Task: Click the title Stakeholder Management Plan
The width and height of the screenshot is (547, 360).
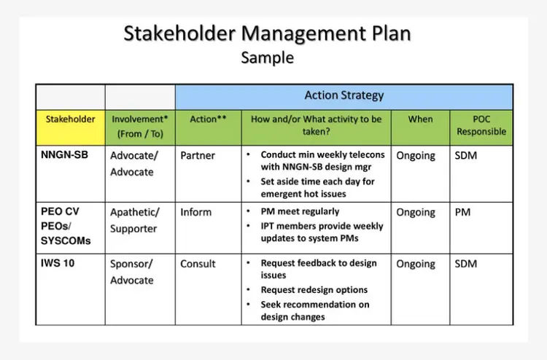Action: tap(267, 34)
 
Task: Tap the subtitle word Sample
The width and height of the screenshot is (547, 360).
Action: tap(267, 58)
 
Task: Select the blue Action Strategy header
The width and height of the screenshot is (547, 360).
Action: tap(344, 97)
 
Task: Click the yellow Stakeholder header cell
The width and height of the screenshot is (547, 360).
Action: tap(71, 128)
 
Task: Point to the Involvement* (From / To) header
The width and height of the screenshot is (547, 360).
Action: tap(140, 128)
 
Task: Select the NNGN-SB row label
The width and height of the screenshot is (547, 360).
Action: tap(64, 154)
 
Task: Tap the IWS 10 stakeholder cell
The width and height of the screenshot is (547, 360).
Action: tap(58, 263)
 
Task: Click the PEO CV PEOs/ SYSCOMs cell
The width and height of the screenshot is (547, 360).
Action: tap(66, 226)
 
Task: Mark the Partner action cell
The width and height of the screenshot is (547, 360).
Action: tap(198, 155)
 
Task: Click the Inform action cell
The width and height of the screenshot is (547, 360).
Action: tap(195, 212)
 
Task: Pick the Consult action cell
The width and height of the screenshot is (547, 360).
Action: tap(198, 264)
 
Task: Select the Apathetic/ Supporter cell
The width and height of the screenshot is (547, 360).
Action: tap(135, 220)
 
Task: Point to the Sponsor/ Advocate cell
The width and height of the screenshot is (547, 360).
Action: tap(132, 272)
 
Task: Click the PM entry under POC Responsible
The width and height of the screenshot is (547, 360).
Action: tap(462, 212)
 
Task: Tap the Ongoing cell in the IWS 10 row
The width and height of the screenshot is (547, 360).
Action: tap(416, 264)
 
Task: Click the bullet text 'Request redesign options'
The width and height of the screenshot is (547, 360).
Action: tap(314, 290)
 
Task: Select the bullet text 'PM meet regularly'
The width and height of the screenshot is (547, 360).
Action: tap(300, 211)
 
